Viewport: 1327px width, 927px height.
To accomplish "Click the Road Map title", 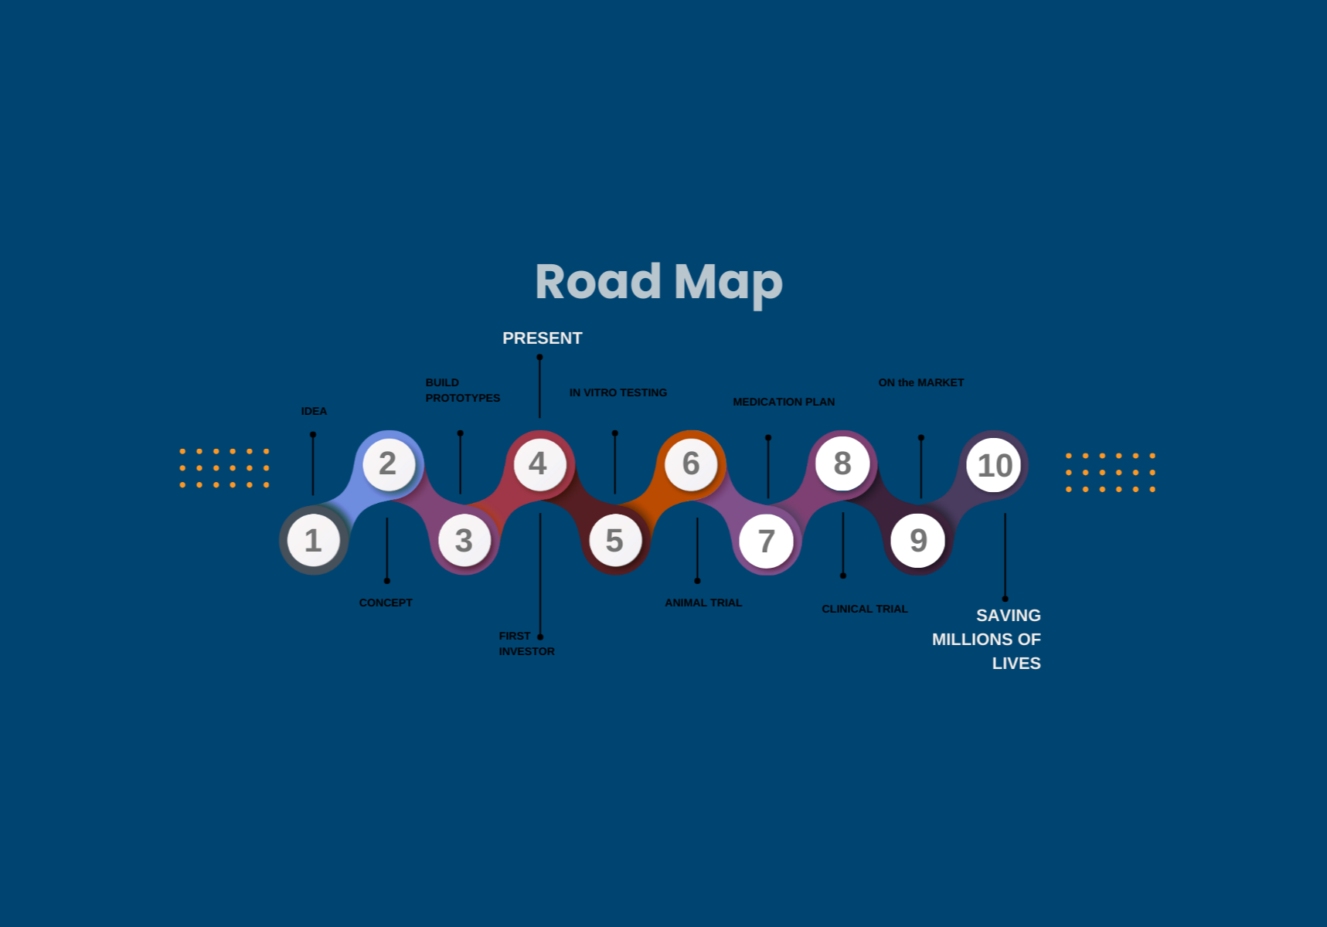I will click(658, 282).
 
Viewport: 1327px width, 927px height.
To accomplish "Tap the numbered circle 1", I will click(313, 540).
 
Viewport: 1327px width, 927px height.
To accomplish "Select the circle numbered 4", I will click(539, 464).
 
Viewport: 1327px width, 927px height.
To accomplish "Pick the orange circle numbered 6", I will click(691, 464).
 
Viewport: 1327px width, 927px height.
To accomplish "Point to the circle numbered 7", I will click(766, 541).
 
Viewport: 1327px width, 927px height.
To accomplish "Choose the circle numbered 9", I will click(918, 540).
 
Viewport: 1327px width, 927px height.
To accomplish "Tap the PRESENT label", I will click(542, 338).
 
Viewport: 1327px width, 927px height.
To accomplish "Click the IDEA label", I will click(314, 411).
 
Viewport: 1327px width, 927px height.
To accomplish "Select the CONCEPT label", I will click(386, 603).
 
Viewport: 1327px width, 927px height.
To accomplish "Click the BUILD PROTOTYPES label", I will click(462, 390).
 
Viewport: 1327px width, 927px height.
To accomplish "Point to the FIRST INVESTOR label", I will click(526, 643).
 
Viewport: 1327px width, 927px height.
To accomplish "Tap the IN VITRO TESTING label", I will click(618, 392).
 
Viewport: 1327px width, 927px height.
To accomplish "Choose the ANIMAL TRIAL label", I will click(703, 603).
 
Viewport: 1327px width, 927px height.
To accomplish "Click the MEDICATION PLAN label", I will click(784, 402).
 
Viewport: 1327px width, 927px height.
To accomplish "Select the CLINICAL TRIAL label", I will click(864, 609).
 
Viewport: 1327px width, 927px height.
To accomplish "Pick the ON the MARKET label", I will click(920, 382).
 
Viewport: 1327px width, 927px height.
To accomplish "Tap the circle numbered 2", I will click(388, 464).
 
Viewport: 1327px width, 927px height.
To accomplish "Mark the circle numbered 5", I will click(615, 540).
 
